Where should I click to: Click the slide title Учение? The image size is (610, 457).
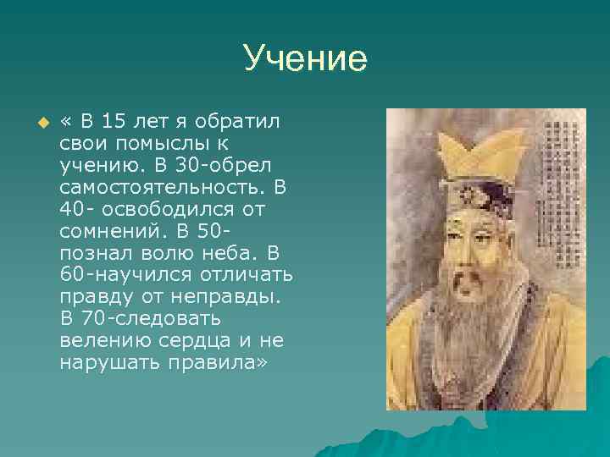305,58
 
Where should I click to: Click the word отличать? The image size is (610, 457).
247,274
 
